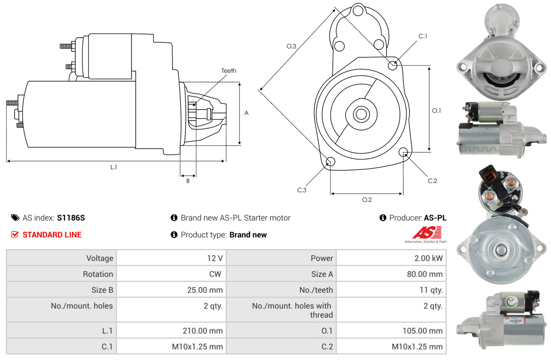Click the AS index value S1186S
[x=71, y=218]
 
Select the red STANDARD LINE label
[x=52, y=235]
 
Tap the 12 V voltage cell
[x=214, y=258]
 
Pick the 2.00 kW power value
[x=428, y=258]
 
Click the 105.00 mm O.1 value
[x=422, y=331]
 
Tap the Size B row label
[x=102, y=290]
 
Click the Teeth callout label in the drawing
[x=229, y=71]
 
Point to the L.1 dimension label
[x=113, y=167]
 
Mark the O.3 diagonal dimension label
[x=291, y=46]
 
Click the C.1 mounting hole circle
[x=393, y=65]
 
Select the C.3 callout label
[x=302, y=190]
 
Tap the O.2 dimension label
[x=367, y=200]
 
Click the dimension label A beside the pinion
[x=247, y=113]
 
